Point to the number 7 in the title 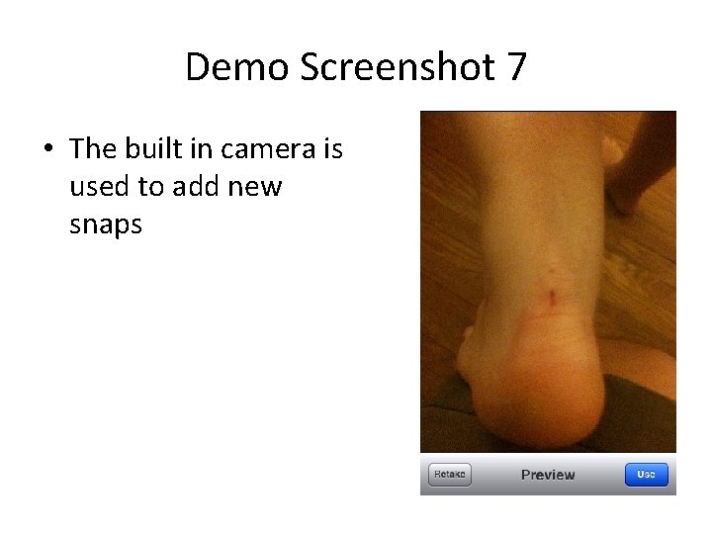(x=516, y=67)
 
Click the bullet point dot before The (x=47, y=149)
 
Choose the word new (x=256, y=187)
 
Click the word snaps (x=106, y=224)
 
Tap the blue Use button (x=646, y=475)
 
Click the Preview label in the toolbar (x=548, y=475)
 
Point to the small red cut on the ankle (x=551, y=295)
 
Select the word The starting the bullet (x=94, y=149)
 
